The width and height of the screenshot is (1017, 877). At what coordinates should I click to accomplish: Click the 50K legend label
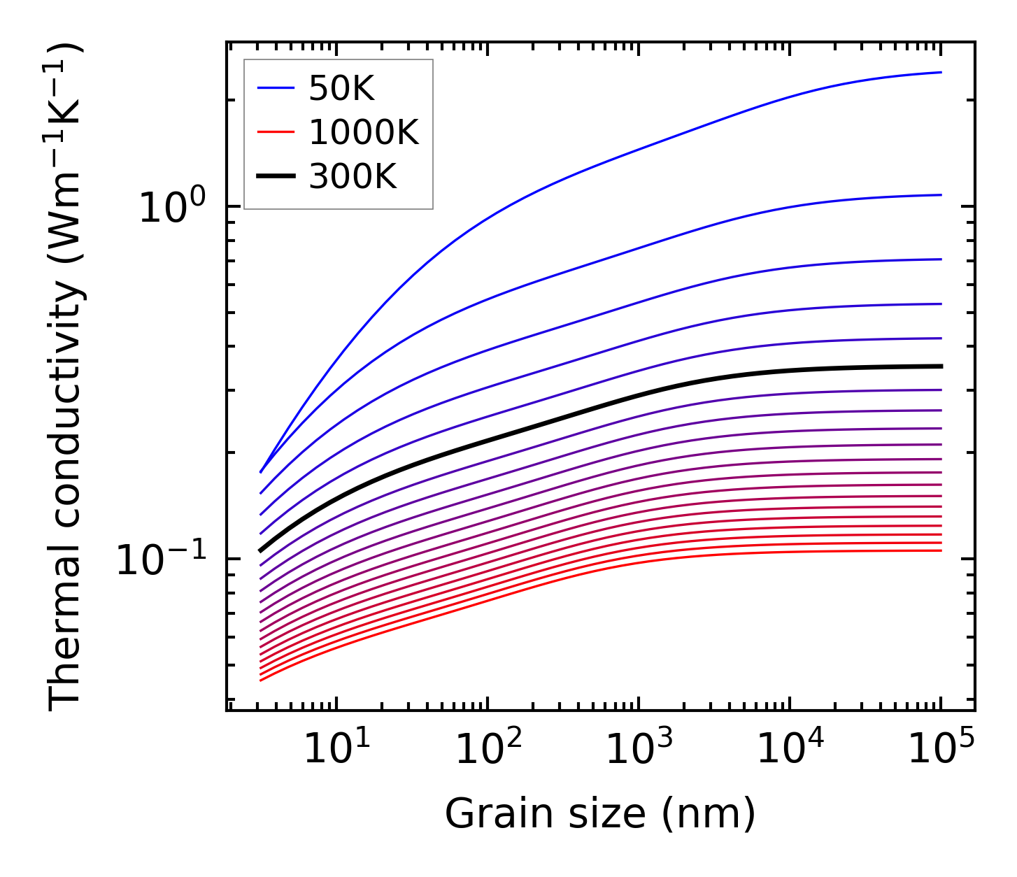pyautogui.click(x=342, y=89)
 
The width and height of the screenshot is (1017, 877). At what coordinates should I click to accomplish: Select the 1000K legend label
pyautogui.click(x=364, y=132)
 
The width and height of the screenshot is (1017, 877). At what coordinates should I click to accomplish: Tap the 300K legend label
pyautogui.click(x=353, y=177)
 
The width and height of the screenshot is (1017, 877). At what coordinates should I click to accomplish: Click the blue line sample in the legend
pyautogui.click(x=277, y=88)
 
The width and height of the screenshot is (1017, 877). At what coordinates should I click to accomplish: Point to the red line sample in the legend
pyautogui.click(x=277, y=132)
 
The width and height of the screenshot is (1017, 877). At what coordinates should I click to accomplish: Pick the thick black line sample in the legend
pyautogui.click(x=277, y=177)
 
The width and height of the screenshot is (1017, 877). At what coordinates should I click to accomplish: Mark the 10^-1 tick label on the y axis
pyautogui.click(x=161, y=559)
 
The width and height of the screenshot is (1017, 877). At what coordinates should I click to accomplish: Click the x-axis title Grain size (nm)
pyautogui.click(x=600, y=814)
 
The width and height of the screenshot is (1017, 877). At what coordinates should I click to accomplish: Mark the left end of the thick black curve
pyautogui.click(x=260, y=550)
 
